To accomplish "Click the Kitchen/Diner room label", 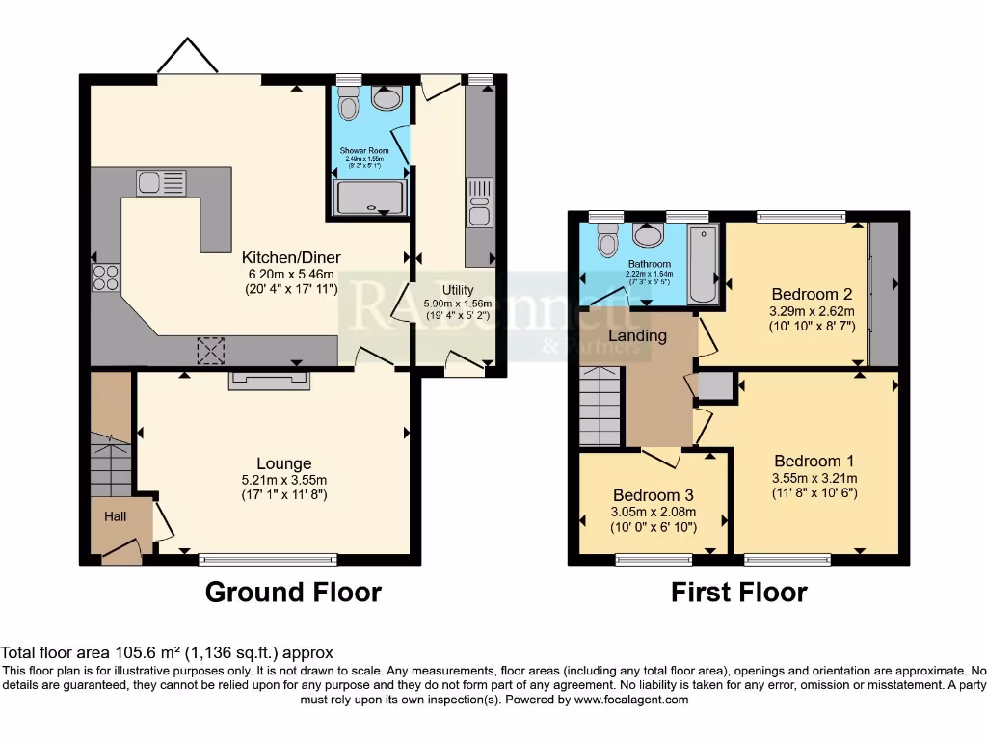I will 291,258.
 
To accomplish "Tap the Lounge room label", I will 283,463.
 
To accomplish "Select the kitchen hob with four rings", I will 105,277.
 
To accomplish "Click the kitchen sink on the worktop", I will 161,182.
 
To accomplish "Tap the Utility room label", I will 458,289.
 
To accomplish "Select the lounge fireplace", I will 269,382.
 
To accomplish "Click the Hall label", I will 116,517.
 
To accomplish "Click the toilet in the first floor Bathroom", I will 607,241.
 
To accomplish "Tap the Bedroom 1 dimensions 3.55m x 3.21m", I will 814,478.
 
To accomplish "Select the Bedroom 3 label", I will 653,495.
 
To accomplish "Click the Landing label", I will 636,336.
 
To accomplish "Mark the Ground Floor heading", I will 293,592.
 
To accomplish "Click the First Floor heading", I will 738,592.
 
